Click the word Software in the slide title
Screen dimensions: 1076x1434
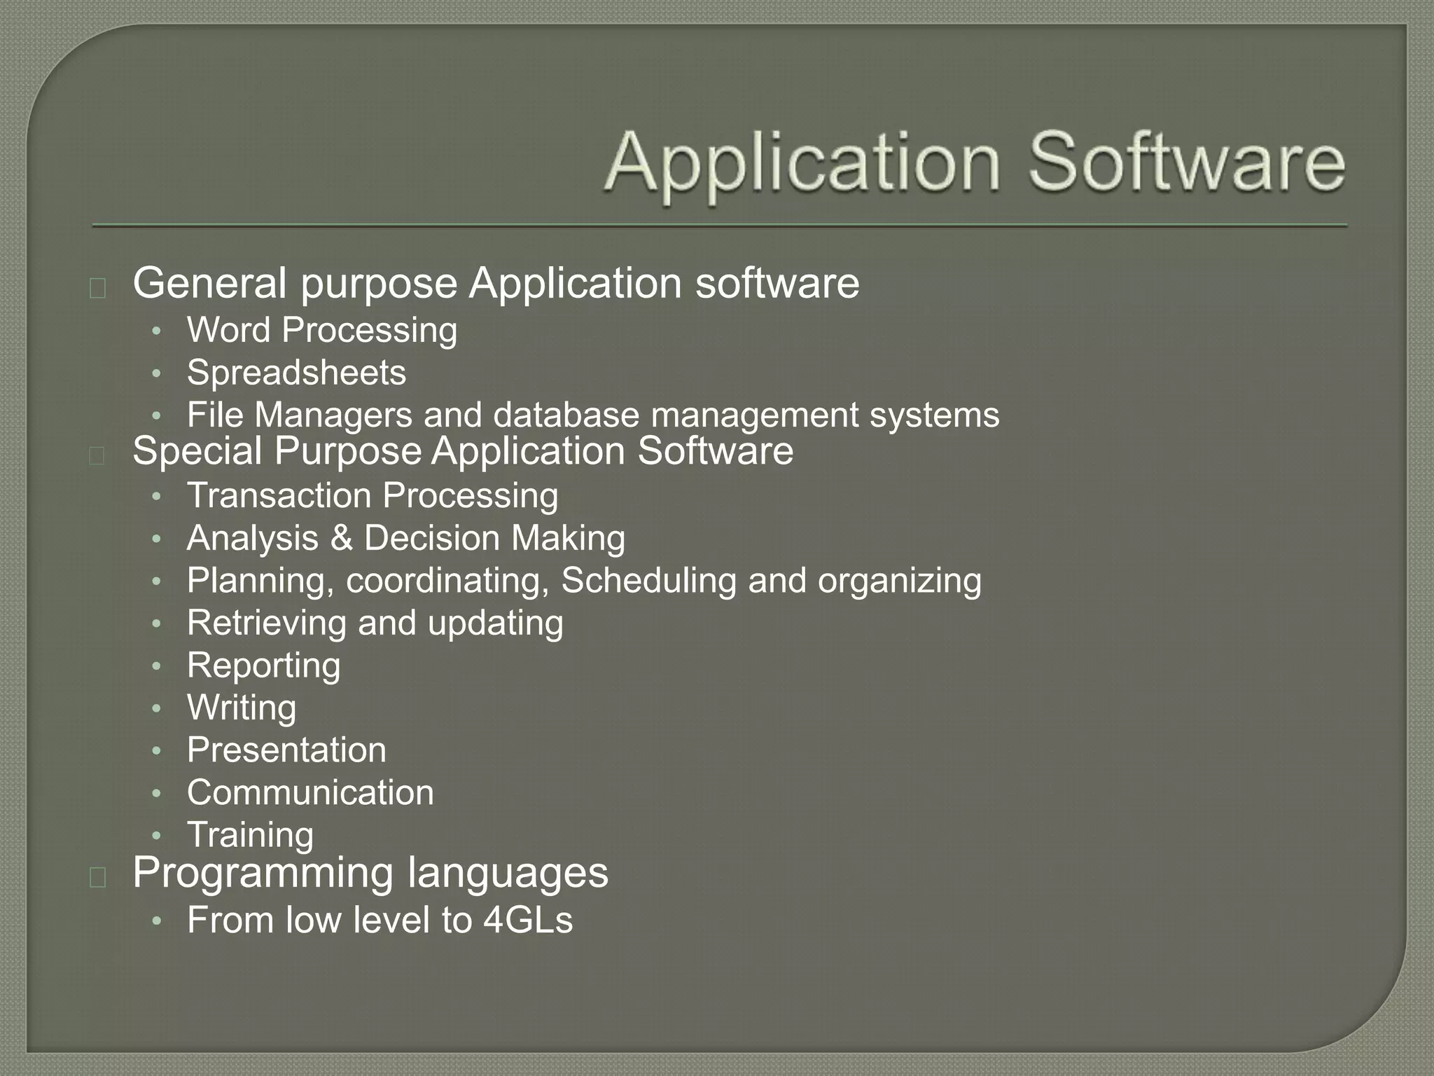pyautogui.click(x=1186, y=163)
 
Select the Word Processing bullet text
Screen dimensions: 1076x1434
pyautogui.click(x=321, y=330)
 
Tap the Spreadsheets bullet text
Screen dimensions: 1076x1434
pyautogui.click(x=296, y=372)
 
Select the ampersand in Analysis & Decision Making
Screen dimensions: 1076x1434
pyautogui.click(x=341, y=539)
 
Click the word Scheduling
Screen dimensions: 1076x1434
pyautogui.click(x=648, y=581)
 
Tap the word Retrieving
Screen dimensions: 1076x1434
pyautogui.click(x=267, y=623)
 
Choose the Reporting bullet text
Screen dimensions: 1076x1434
pyautogui.click(x=263, y=665)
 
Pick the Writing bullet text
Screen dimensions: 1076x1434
pyautogui.click(x=242, y=708)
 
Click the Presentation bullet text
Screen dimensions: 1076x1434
pyautogui.click(x=286, y=750)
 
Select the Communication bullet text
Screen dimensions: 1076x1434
pyautogui.click(x=310, y=792)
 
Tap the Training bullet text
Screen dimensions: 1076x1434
pyautogui.click(x=250, y=835)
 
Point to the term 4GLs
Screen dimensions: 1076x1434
pyautogui.click(x=528, y=920)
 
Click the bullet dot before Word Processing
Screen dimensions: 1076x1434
pyautogui.click(x=157, y=331)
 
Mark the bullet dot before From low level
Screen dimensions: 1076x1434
pyautogui.click(x=157, y=920)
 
